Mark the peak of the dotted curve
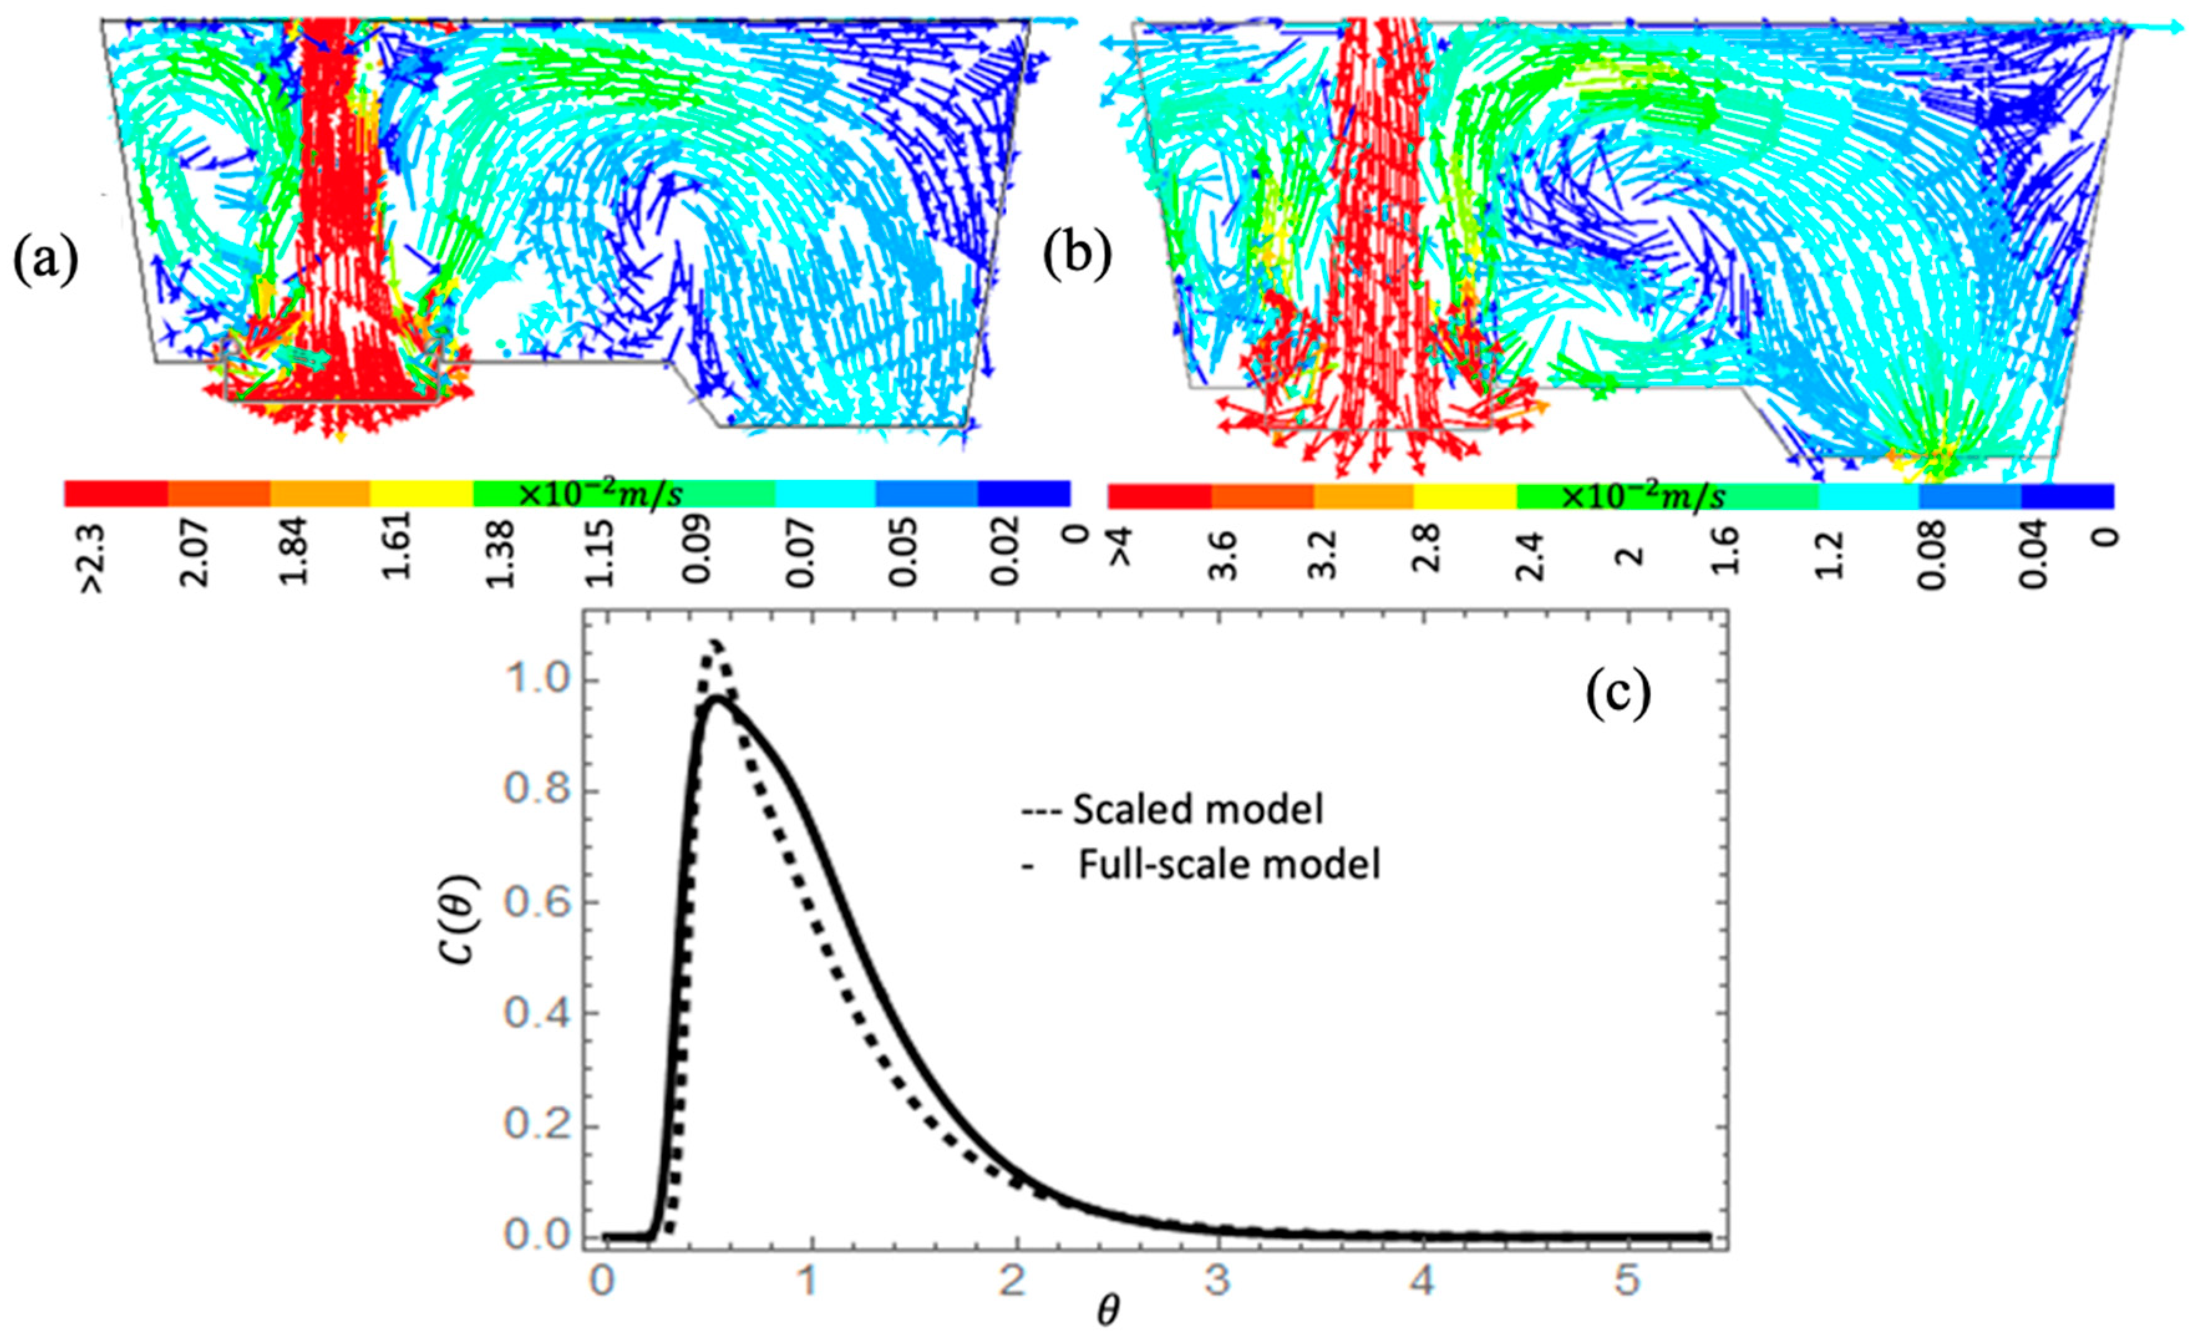tap(714, 643)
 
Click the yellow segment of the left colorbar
tap(421, 492)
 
